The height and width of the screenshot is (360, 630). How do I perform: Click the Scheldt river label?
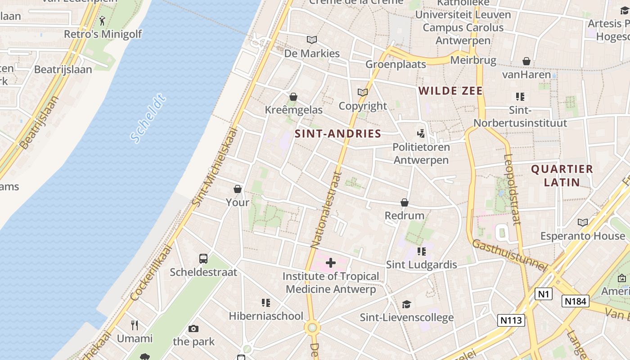[148, 118]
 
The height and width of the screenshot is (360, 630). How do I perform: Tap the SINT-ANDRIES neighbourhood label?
[337, 134]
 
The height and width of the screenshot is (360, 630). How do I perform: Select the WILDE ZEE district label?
[450, 91]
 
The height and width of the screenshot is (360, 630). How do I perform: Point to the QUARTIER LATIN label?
[562, 175]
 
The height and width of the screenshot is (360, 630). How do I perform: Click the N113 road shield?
[512, 320]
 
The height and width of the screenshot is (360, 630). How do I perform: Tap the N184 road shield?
[576, 301]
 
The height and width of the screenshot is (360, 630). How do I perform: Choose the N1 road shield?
[544, 294]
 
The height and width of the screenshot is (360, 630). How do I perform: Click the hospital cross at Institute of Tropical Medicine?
[331, 263]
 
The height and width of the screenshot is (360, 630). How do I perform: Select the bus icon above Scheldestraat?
[203, 259]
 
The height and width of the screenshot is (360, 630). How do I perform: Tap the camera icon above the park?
[193, 328]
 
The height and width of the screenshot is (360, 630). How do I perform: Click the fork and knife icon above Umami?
[135, 325]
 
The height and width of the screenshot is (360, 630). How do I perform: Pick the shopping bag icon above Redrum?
[405, 202]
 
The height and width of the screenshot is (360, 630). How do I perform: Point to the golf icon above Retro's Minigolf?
[103, 21]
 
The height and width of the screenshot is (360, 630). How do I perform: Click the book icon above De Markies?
[311, 40]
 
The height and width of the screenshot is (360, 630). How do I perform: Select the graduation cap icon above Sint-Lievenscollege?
[406, 304]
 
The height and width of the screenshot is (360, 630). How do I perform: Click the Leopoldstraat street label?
[513, 189]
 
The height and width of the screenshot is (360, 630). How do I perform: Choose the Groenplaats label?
[396, 64]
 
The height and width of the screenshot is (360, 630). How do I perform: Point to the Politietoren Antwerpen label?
[421, 153]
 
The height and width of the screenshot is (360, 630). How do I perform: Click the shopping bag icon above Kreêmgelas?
[293, 97]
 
